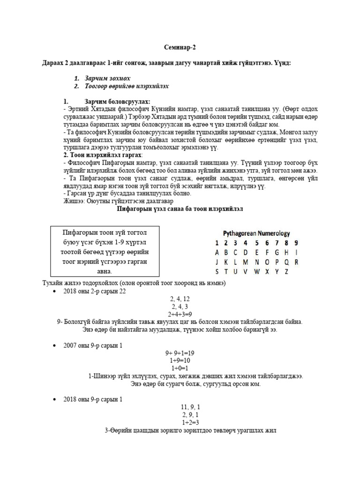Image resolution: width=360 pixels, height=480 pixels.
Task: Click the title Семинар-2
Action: pyautogui.click(x=180, y=47)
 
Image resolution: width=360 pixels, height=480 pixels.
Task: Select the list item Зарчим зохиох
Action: pyautogui.click(x=107, y=78)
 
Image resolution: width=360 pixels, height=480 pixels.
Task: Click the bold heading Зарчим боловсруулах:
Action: pyautogui.click(x=117, y=102)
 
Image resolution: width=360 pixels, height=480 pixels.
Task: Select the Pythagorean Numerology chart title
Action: pyautogui.click(x=256, y=233)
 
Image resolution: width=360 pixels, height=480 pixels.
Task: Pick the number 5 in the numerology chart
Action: pyautogui.click(x=256, y=243)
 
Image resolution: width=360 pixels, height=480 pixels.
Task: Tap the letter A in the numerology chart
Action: pyautogui.click(x=217, y=252)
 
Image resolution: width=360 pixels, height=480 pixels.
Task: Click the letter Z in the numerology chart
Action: pyautogui.click(x=286, y=271)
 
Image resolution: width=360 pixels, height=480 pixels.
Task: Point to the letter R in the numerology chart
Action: pyautogui.click(x=296, y=262)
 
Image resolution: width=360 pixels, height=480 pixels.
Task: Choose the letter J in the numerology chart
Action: pyautogui.click(x=217, y=262)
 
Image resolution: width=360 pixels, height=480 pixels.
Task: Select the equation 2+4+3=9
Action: pyautogui.click(x=180, y=314)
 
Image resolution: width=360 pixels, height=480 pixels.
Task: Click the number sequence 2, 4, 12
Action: pyautogui.click(x=180, y=299)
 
